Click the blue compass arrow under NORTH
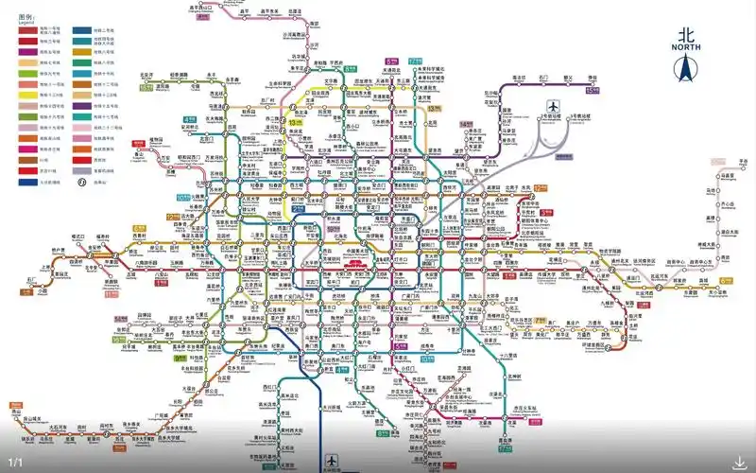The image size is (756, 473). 687,69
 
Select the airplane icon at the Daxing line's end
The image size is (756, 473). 331,461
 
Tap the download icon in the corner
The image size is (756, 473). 738,463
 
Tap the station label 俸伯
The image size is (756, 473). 593,78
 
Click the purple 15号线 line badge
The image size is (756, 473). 593,91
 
